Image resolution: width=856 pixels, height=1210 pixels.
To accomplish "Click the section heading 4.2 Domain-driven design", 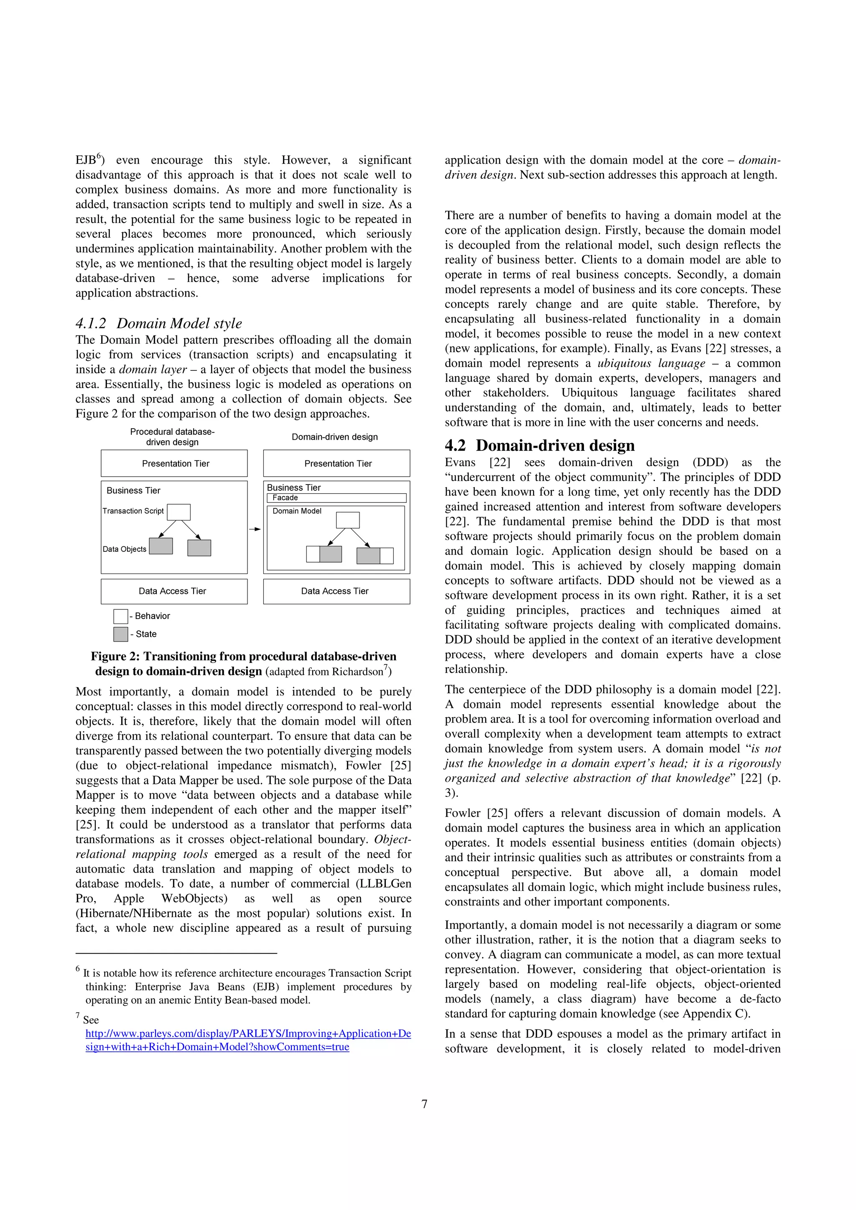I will pos(540,445).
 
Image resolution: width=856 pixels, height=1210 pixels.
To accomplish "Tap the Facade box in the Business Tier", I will pos(336,497).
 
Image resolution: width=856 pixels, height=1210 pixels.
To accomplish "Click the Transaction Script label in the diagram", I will pos(133,511).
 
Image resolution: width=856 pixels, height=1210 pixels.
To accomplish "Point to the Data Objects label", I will pos(125,549).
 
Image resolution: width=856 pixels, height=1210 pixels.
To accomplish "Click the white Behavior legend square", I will pos(120,616).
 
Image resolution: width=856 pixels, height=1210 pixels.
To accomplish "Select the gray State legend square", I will pos(120,634).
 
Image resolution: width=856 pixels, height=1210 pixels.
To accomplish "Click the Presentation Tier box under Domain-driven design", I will pos(336,463).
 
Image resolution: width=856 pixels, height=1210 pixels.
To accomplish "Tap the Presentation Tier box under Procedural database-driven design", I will pos(174,463).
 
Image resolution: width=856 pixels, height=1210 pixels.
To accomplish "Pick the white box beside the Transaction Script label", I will pos(179,512).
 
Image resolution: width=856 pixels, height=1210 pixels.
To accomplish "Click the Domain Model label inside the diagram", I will pos(296,511).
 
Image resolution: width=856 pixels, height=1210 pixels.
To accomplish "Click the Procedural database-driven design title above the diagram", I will pos(173,437).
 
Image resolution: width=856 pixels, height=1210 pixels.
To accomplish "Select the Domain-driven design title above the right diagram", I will pos(334,437).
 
